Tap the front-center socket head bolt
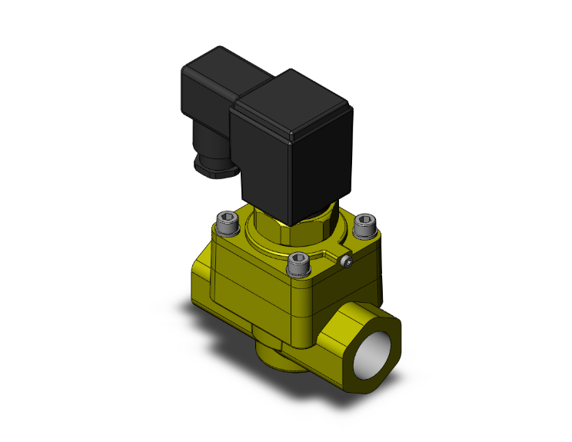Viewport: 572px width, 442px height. [298, 263]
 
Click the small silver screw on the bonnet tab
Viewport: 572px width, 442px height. [347, 264]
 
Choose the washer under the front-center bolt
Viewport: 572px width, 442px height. [298, 272]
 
